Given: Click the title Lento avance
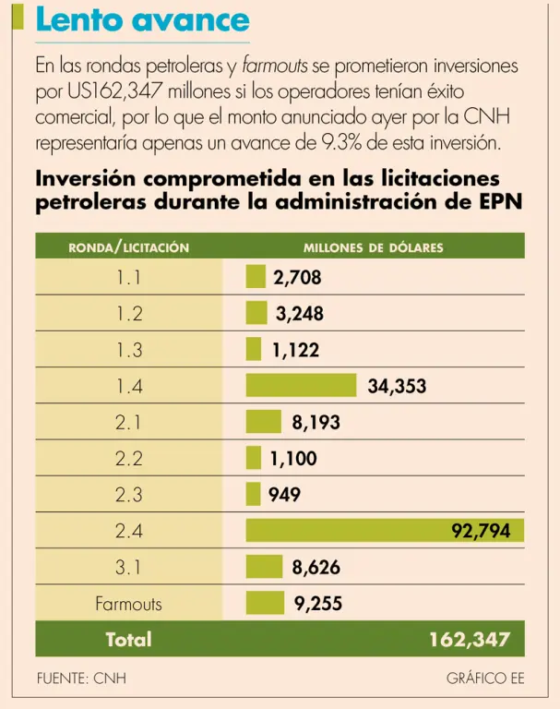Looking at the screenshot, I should (x=142, y=19).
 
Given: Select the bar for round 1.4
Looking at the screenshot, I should (x=301, y=386).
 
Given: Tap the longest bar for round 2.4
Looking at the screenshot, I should (x=385, y=531).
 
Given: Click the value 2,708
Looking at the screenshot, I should (x=297, y=277).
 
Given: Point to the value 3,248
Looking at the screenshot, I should (x=299, y=314).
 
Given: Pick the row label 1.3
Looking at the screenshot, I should (x=129, y=350).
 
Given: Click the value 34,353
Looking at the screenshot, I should (x=397, y=386).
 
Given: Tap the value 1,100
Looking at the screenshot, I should (x=293, y=459).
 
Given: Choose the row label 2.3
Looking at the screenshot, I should (x=129, y=495).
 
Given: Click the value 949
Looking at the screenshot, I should (x=284, y=495).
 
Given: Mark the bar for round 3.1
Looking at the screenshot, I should (x=263, y=568).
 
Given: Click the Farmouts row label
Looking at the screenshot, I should (x=128, y=604).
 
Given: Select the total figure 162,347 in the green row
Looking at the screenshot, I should (x=470, y=640).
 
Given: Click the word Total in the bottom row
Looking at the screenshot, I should (x=128, y=640).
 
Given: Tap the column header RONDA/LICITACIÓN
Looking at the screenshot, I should (x=129, y=247).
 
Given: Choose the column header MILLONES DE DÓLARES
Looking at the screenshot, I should (x=374, y=247).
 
